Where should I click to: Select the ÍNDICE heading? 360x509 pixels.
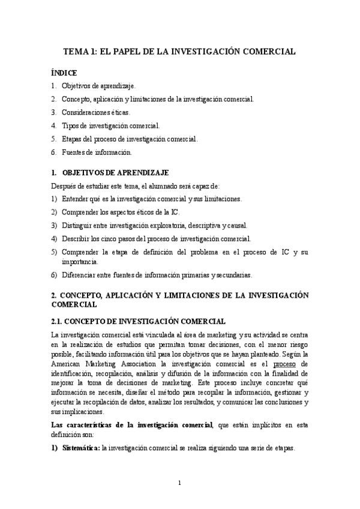(x=64, y=73)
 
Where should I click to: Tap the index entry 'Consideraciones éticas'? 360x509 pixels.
(x=95, y=112)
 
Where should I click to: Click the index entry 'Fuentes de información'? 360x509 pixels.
(x=92, y=152)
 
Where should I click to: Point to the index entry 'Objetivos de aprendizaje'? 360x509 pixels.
(x=98, y=86)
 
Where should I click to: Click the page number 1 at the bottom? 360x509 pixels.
(x=179, y=483)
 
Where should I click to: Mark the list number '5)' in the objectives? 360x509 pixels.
(x=54, y=252)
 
